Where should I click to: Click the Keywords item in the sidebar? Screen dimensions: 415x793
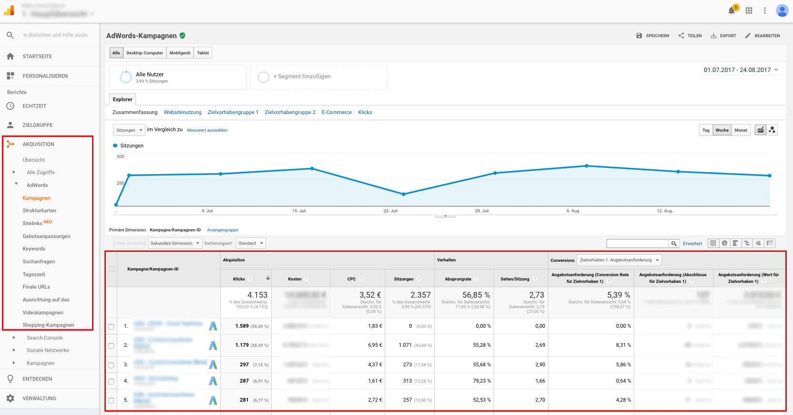pyautogui.click(x=34, y=249)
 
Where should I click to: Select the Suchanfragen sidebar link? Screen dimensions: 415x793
pyautogui.click(x=39, y=261)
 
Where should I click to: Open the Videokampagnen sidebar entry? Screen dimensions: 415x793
pyautogui.click(x=43, y=312)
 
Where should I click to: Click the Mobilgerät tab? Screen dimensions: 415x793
pyautogui.click(x=180, y=53)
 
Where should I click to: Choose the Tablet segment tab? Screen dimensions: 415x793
pyautogui.click(x=203, y=53)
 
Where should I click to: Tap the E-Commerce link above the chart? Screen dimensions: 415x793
pyautogui.click(x=337, y=112)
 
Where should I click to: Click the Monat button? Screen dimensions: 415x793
pyautogui.click(x=741, y=130)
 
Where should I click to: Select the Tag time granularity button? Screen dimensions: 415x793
pyautogui.click(x=706, y=130)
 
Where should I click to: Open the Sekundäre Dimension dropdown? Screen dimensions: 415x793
pyautogui.click(x=175, y=243)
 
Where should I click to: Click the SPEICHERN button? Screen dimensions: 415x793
pyautogui.click(x=653, y=36)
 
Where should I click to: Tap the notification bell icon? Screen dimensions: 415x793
pyautogui.click(x=731, y=10)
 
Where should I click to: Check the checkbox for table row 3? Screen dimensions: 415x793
pyautogui.click(x=111, y=365)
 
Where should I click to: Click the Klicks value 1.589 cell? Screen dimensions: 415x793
pyautogui.click(x=242, y=326)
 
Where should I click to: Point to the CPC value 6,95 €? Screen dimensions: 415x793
pyautogui.click(x=375, y=345)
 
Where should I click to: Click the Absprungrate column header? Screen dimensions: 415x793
pyautogui.click(x=458, y=279)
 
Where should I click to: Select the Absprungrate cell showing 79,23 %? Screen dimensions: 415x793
pyautogui.click(x=482, y=381)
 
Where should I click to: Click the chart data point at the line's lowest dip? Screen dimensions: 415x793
pyautogui.click(x=403, y=194)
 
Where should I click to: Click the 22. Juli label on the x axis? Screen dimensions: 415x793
pyautogui.click(x=391, y=211)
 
